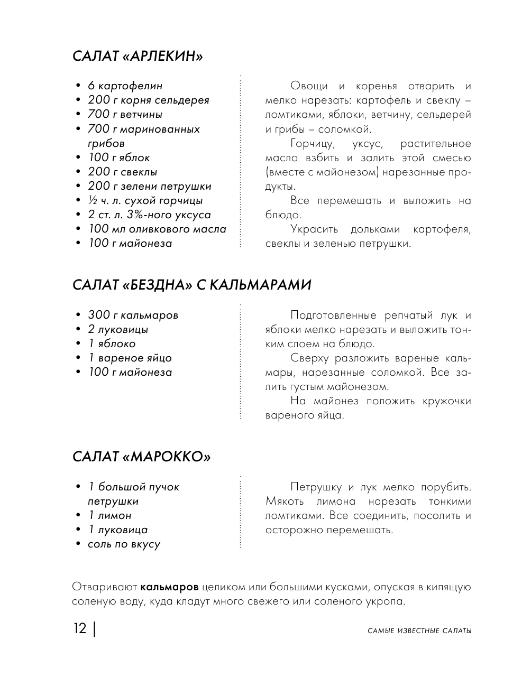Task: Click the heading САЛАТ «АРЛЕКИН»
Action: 138,57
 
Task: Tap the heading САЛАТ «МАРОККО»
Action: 141,457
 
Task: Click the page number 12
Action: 80,629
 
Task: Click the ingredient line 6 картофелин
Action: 125,86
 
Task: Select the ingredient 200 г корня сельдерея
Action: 149,100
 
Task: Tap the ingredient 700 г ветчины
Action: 125,114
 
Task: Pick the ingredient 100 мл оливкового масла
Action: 157,229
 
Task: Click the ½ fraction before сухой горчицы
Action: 92,200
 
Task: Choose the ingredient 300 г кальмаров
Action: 133,315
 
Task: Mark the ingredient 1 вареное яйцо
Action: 130,358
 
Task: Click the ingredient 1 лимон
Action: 109,515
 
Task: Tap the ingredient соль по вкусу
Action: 124,544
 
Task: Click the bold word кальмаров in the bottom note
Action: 170,587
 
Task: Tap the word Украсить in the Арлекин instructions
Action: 314,229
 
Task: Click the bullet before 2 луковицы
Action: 77,330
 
